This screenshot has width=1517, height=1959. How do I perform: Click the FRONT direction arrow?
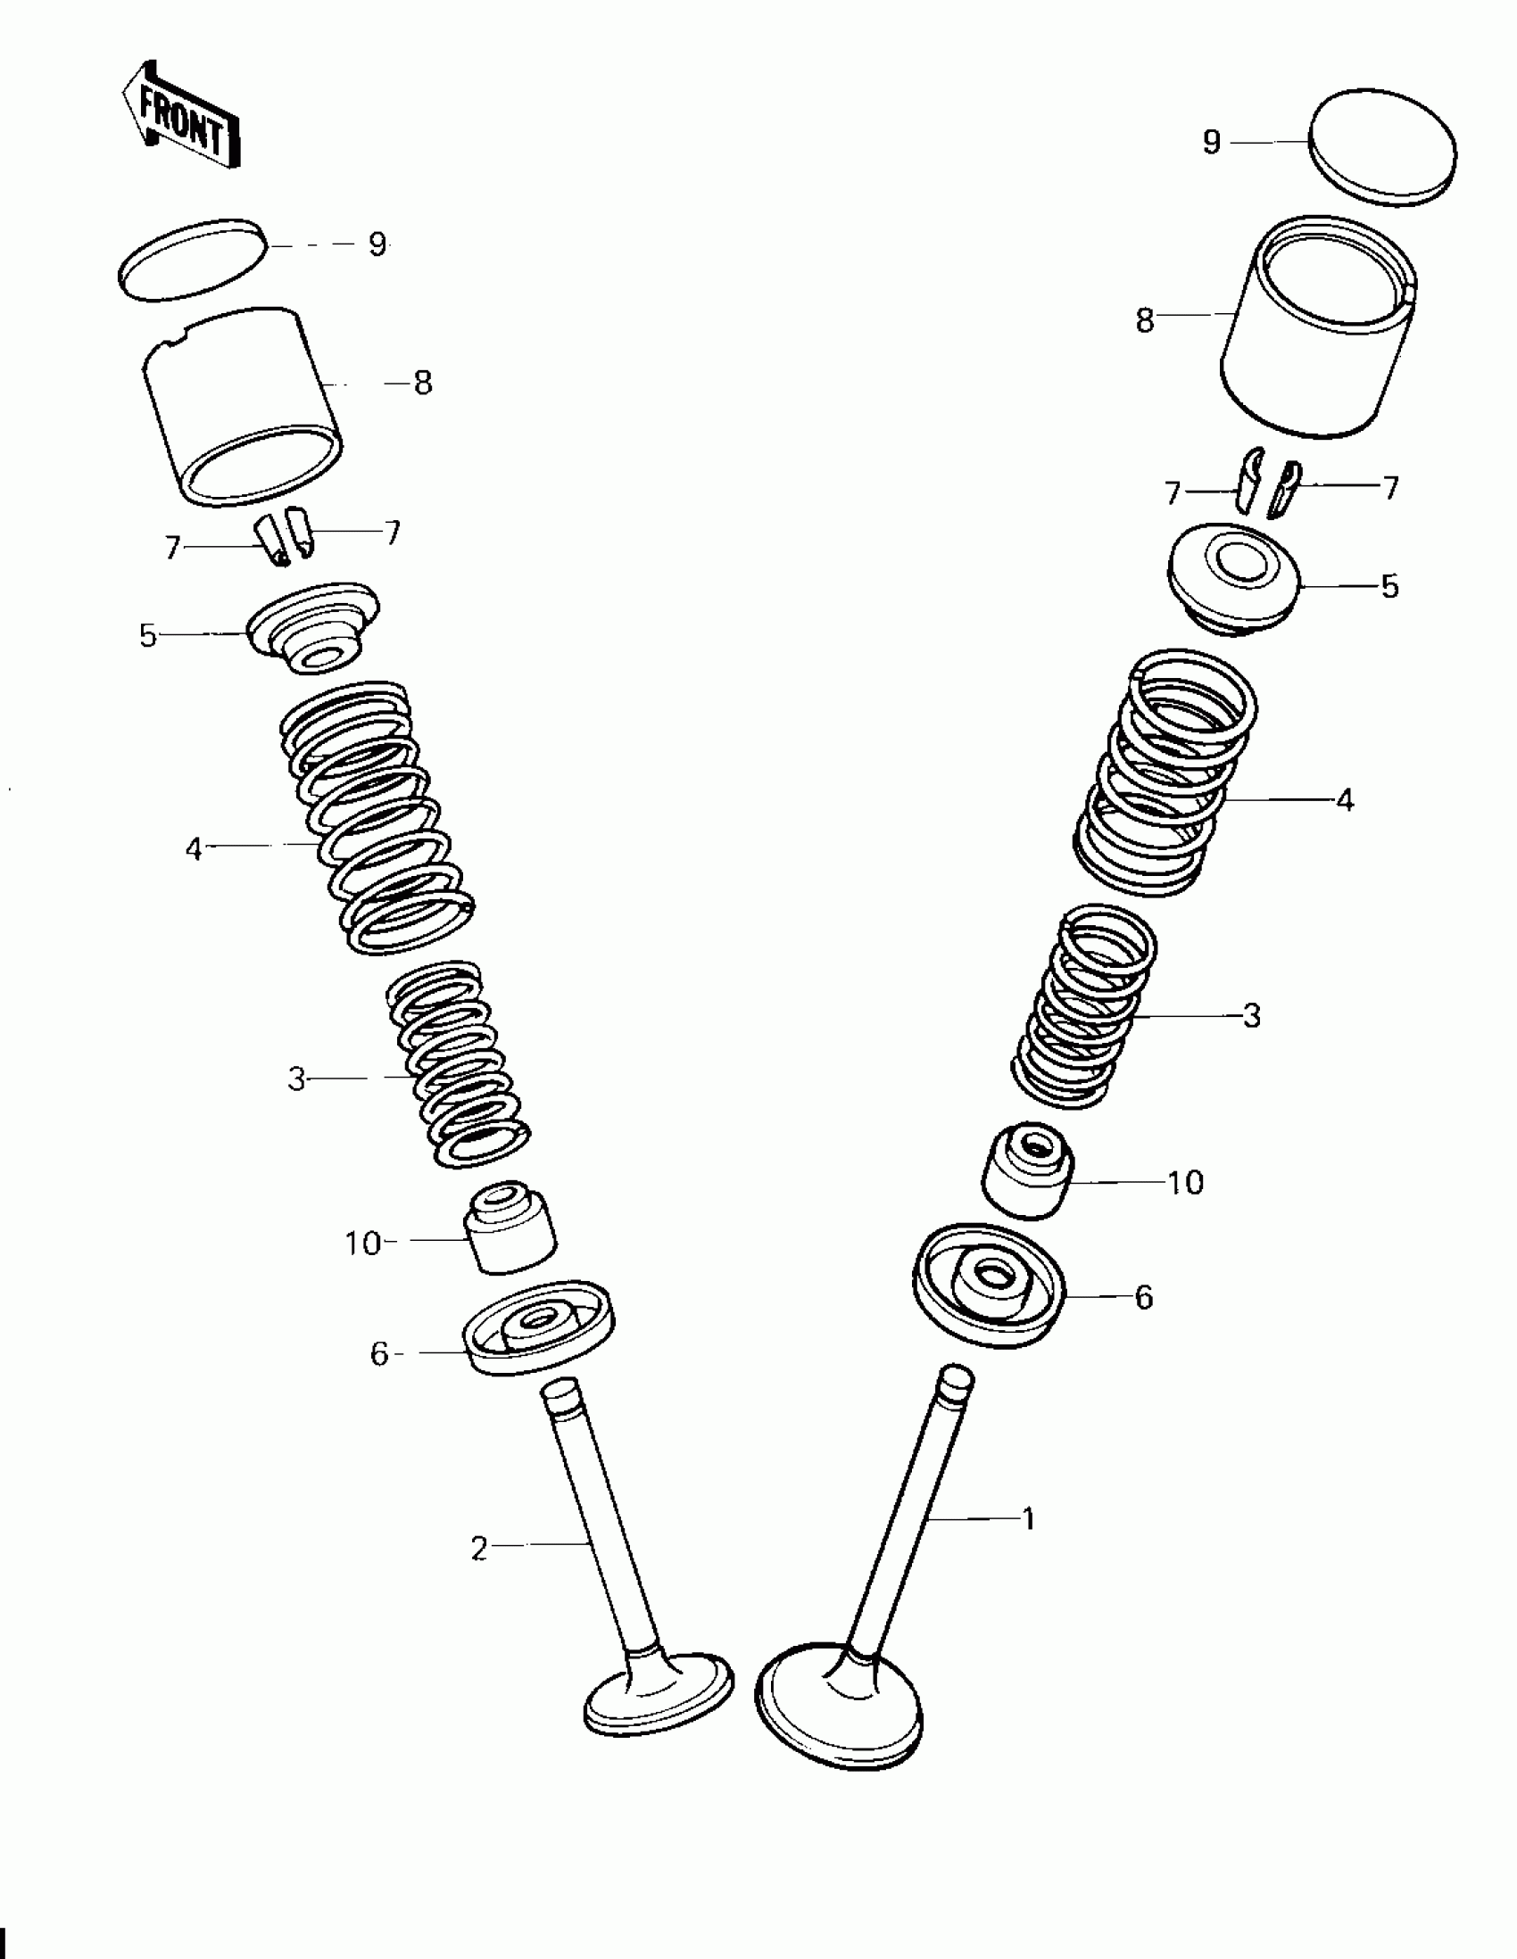(x=181, y=115)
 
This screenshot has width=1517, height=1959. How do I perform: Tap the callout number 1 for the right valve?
(x=1029, y=1519)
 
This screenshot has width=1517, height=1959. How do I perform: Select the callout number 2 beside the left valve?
(x=479, y=1549)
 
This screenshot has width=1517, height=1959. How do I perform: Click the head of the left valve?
(x=659, y=1692)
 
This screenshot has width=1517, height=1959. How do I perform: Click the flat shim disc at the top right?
(x=1382, y=146)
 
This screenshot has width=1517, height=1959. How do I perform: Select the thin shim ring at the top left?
(x=192, y=260)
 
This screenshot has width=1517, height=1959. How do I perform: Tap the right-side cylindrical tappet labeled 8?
(x=1318, y=326)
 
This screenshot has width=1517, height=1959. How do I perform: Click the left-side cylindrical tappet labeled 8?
(x=242, y=406)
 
